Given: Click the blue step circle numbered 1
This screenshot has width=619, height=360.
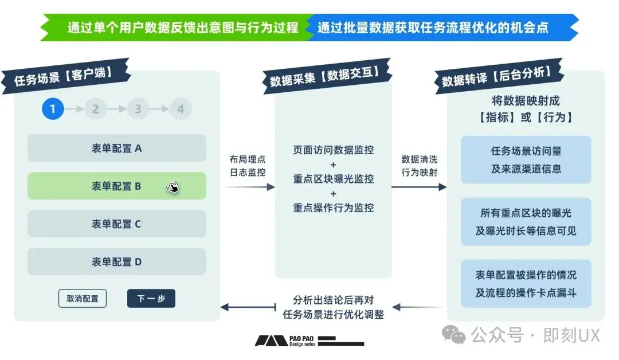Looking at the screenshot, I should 53,109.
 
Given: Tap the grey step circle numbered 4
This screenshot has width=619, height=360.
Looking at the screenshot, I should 181,109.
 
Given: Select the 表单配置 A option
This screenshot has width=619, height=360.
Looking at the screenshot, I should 116,148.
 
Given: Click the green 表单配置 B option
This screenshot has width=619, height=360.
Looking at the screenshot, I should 116,186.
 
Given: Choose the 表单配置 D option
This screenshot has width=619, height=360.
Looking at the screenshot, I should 116,262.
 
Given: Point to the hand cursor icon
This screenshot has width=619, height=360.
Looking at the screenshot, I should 173,187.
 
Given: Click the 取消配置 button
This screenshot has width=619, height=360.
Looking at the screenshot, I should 83,299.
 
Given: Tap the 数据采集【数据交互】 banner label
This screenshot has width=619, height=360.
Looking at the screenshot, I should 324,77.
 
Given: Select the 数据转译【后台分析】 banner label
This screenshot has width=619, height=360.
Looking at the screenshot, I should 496,77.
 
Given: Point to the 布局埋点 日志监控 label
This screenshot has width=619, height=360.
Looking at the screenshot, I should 248,166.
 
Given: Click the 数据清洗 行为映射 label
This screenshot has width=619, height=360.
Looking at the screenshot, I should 420,166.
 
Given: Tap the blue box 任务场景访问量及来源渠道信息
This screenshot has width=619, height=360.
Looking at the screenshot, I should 526,160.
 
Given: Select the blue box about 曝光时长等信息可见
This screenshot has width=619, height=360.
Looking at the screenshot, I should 526,222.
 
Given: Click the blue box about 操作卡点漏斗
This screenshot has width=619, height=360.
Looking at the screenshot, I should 526,284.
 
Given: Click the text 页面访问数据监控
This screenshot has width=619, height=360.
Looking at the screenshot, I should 334,150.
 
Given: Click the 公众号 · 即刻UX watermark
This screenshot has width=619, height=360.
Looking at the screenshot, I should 524,335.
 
